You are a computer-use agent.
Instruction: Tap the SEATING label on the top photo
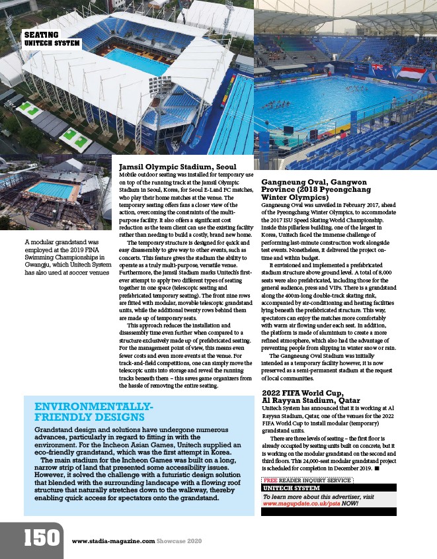41,34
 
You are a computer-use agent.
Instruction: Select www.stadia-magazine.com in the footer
113,541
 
